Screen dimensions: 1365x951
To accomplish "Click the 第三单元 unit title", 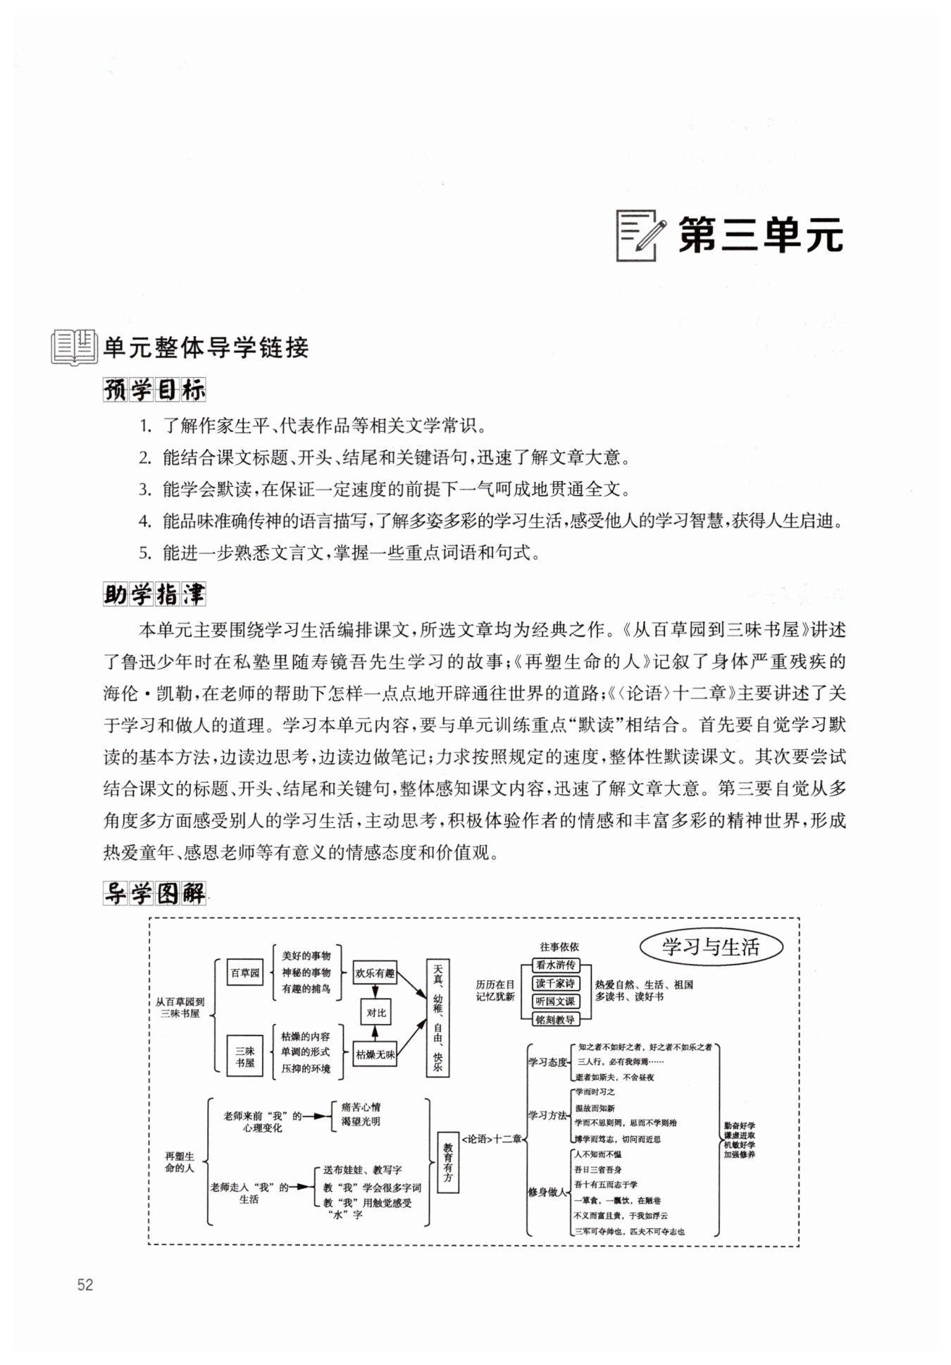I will point(760,235).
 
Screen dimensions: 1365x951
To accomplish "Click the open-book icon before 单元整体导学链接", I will point(73,347).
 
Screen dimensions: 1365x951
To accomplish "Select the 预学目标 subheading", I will point(154,390).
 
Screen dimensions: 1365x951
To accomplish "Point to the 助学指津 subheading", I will point(154,595).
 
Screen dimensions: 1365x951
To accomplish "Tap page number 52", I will point(85,1284).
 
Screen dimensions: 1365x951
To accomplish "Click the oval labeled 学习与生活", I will point(711,947).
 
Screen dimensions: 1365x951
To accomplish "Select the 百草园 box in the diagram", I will point(244,973).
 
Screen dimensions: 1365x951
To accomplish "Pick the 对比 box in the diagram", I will point(376,1013).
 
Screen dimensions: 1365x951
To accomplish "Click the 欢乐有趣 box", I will point(375,973).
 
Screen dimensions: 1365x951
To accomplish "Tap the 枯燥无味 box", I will point(375,1055).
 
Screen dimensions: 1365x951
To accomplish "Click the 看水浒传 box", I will point(555,965).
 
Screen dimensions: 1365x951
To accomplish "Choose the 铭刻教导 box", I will point(555,1019).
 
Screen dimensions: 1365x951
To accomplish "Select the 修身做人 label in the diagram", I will point(547,1192).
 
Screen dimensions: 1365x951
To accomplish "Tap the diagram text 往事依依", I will point(559,947).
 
